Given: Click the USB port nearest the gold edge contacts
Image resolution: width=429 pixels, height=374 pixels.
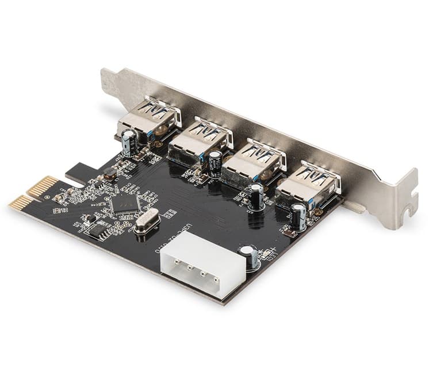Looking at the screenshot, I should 146,119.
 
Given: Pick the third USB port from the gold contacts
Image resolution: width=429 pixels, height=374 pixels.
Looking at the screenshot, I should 254,159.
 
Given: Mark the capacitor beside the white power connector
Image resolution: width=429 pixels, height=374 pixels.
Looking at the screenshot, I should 249,256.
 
